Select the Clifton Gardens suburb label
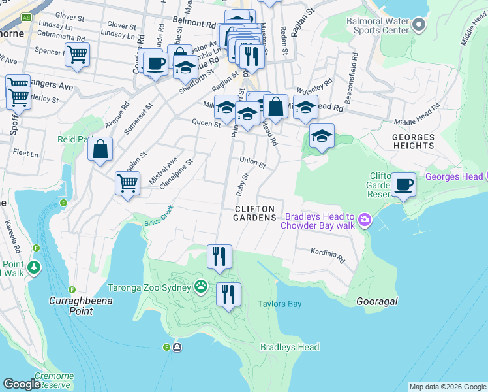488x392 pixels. click(x=254, y=212)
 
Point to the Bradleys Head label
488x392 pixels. click(x=290, y=348)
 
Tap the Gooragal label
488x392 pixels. click(x=377, y=301)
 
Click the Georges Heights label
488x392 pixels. click(x=413, y=142)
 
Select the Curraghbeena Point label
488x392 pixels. click(x=81, y=305)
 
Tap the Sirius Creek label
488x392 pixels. click(x=159, y=216)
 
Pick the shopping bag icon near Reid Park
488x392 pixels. click(x=100, y=150)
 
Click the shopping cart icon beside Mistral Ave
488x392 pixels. click(x=127, y=183)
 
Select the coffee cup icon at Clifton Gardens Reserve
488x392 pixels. click(x=403, y=186)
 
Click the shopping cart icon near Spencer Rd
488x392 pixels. click(x=77, y=56)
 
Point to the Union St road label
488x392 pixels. click(x=252, y=161)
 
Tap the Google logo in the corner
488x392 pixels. click(x=22, y=384)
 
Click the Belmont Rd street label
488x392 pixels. click(x=194, y=22)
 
